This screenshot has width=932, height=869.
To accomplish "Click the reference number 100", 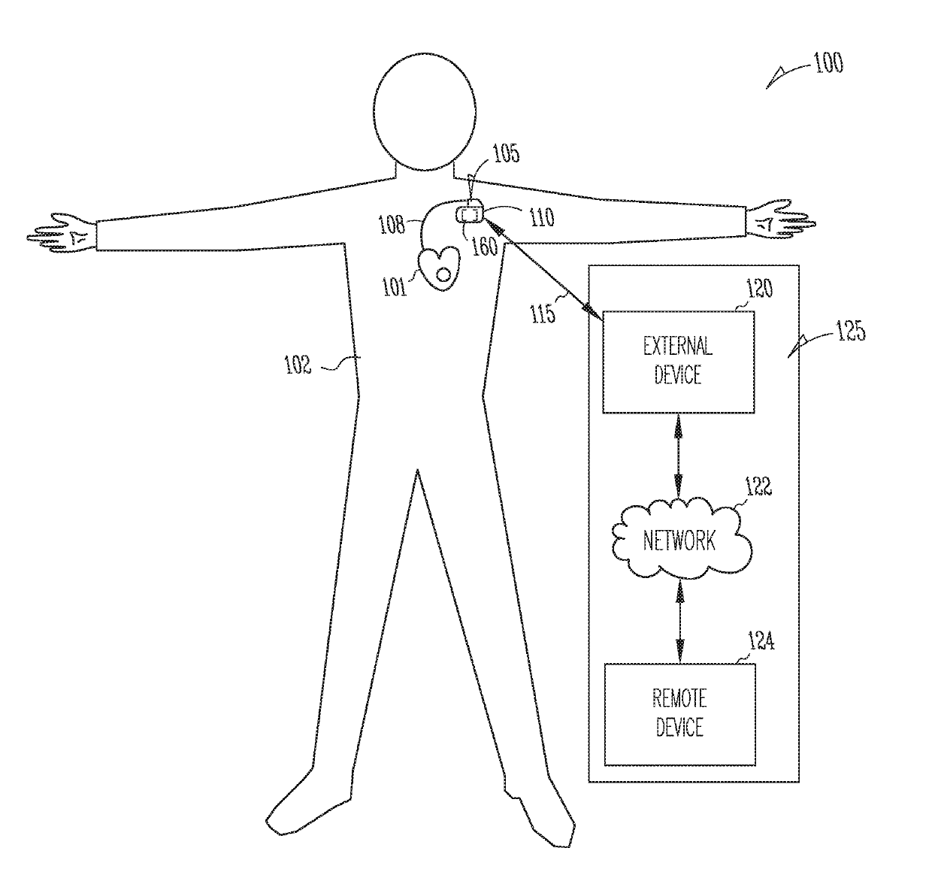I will point(828,63).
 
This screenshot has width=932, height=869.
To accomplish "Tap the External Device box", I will point(678,362).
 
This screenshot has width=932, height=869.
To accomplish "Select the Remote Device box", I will point(679,713).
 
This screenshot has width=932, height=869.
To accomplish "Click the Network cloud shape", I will point(679,539).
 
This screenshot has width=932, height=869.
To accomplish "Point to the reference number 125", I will point(850,332).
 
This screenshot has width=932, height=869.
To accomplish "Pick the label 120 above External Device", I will point(758,289).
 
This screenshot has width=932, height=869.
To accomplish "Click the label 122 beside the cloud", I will point(758,487).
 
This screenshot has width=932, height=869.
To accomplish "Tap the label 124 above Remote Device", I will point(760,642).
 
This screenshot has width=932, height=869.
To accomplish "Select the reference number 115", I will point(543,313).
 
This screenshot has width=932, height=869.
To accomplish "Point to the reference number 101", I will point(394,287).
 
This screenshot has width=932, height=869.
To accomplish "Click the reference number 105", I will point(506,154).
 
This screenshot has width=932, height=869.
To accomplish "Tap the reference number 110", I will point(541,217).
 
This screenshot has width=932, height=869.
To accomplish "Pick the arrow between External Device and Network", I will point(679,456).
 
